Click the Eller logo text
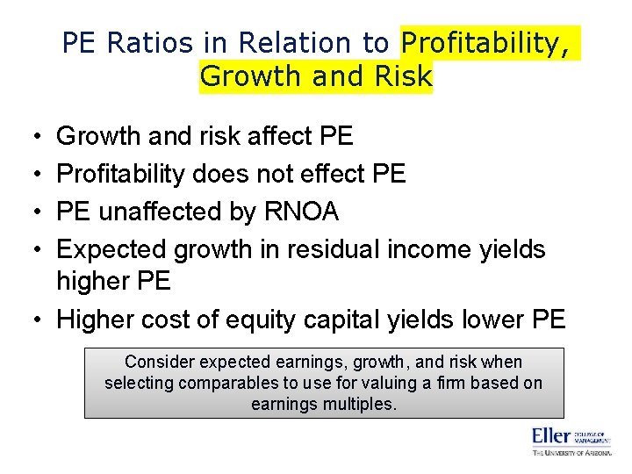[x=550, y=435]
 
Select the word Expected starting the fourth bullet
[x=111, y=249]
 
